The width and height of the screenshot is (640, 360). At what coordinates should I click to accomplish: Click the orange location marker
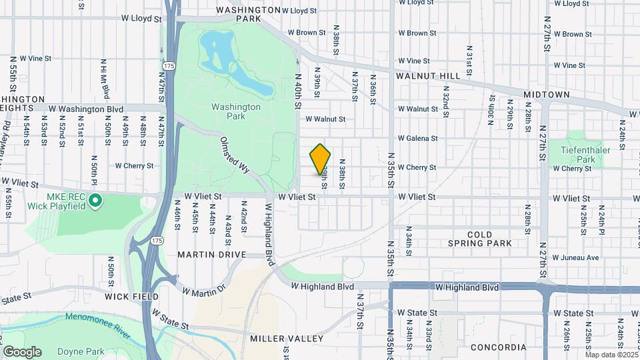tap(320, 159)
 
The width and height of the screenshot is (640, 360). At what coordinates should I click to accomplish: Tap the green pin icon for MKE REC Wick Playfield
tap(95, 199)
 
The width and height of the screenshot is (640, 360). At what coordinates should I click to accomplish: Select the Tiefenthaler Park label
tap(577, 155)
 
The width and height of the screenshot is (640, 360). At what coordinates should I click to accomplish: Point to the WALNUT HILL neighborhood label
tap(428, 77)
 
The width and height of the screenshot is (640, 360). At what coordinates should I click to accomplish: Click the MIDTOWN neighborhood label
tap(547, 95)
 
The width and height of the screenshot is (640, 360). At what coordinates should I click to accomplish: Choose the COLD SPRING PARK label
tap(480, 239)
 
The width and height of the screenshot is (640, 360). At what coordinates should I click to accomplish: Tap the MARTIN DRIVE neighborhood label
tap(212, 255)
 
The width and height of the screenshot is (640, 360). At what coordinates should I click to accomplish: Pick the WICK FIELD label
tap(131, 296)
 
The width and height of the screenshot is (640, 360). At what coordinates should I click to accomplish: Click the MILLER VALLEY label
tap(287, 339)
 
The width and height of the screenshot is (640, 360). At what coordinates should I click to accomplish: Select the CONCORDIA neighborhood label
tap(498, 347)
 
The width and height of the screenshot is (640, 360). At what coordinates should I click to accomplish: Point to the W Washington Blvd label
tap(86, 108)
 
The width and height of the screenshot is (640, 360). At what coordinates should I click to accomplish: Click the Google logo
tap(22, 351)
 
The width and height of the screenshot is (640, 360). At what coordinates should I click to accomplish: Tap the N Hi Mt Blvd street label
tap(103, 74)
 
